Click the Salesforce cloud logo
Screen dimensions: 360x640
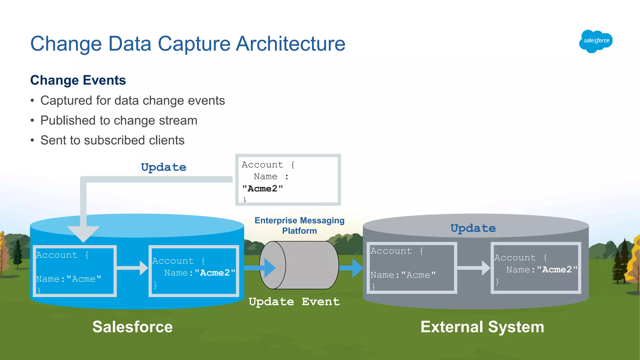tap(596, 41)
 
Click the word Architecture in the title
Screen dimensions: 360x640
tap(290, 44)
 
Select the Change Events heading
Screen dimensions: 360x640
tap(78, 80)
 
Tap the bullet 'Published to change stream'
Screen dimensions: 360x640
tap(119, 121)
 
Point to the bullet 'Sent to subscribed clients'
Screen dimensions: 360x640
tap(112, 140)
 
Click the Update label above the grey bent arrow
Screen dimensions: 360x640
tap(163, 167)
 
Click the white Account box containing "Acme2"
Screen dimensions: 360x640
tap(288, 180)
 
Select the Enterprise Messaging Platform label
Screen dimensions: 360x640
tap(299, 226)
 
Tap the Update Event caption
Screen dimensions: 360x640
tap(294, 302)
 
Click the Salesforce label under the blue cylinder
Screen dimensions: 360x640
tap(132, 327)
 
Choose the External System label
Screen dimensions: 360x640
tap(482, 327)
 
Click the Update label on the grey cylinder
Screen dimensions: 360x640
tap(473, 228)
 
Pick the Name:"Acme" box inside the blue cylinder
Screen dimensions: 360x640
tap(75, 271)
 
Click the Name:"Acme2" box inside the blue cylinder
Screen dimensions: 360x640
tap(194, 271)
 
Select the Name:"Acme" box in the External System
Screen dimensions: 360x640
tap(412, 268)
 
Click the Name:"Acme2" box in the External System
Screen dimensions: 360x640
tap(536, 268)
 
